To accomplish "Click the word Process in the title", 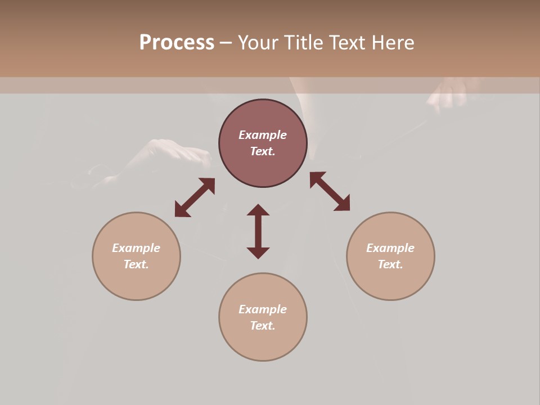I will pyautogui.click(x=177, y=43).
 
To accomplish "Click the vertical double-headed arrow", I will pyautogui.click(x=258, y=231).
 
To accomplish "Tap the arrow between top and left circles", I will pyautogui.click(x=195, y=197).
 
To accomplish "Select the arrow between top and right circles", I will pyautogui.click(x=330, y=191).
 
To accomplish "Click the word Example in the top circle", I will pyautogui.click(x=263, y=135).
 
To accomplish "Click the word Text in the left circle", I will pyautogui.click(x=136, y=264).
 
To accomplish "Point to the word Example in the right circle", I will pyautogui.click(x=390, y=248).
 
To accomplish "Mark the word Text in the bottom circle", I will pyautogui.click(x=263, y=326).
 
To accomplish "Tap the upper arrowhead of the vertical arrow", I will pyautogui.click(x=258, y=210).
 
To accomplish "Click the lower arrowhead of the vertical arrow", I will pyautogui.click(x=258, y=253).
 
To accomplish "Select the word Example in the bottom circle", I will pyautogui.click(x=263, y=309).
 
